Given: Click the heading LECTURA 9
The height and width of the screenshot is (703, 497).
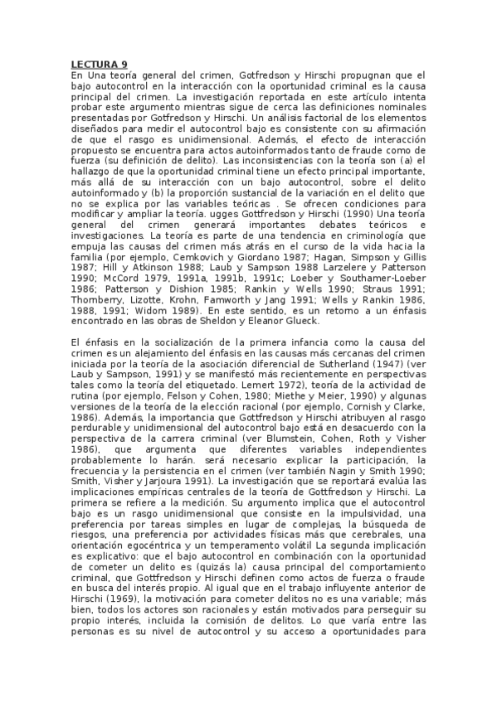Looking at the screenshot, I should [x=97, y=64].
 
